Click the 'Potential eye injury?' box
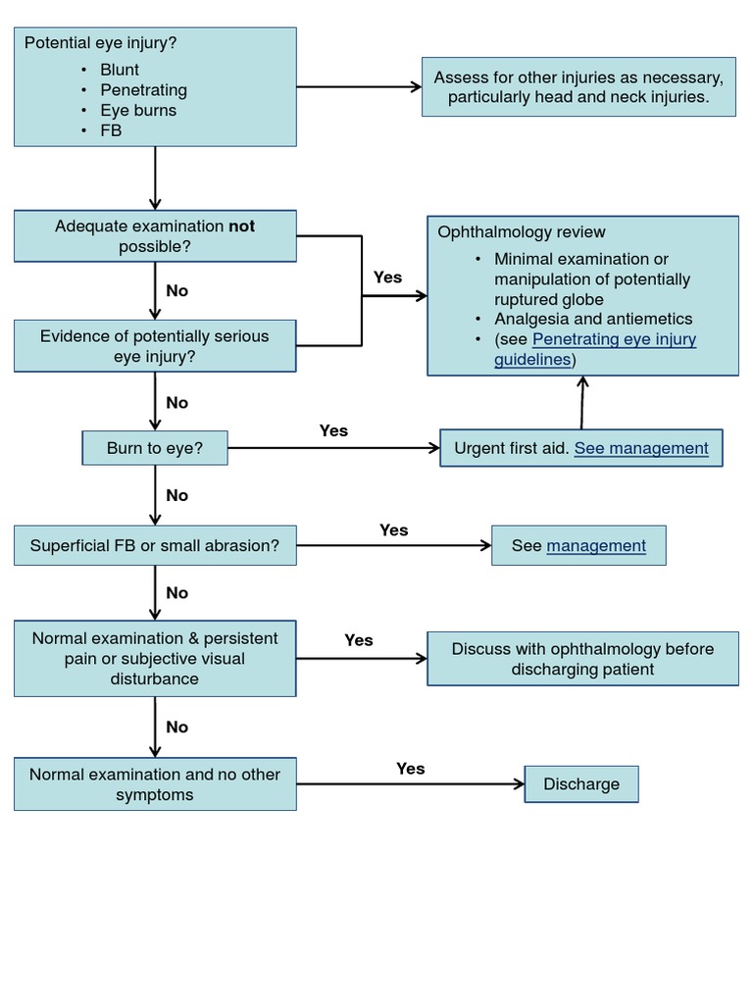(x=155, y=86)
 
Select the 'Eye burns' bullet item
(x=138, y=110)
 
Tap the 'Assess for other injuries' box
(x=578, y=87)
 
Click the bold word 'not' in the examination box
(x=241, y=226)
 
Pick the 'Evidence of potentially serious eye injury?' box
(x=155, y=346)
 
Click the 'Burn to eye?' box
(x=155, y=449)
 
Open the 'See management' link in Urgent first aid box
(x=640, y=448)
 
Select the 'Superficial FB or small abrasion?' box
(x=155, y=545)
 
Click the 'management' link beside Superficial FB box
(x=596, y=545)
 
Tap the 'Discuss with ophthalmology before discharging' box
(x=582, y=659)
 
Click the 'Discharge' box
(x=581, y=784)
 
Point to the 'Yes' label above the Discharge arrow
(x=411, y=769)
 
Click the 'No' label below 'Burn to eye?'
(x=177, y=496)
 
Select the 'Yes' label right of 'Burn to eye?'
(x=333, y=430)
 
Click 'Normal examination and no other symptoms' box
(x=155, y=784)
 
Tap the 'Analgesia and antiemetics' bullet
(x=593, y=319)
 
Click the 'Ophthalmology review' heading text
(x=522, y=232)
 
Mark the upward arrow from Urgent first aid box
(x=582, y=402)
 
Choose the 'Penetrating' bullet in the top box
(x=143, y=90)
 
